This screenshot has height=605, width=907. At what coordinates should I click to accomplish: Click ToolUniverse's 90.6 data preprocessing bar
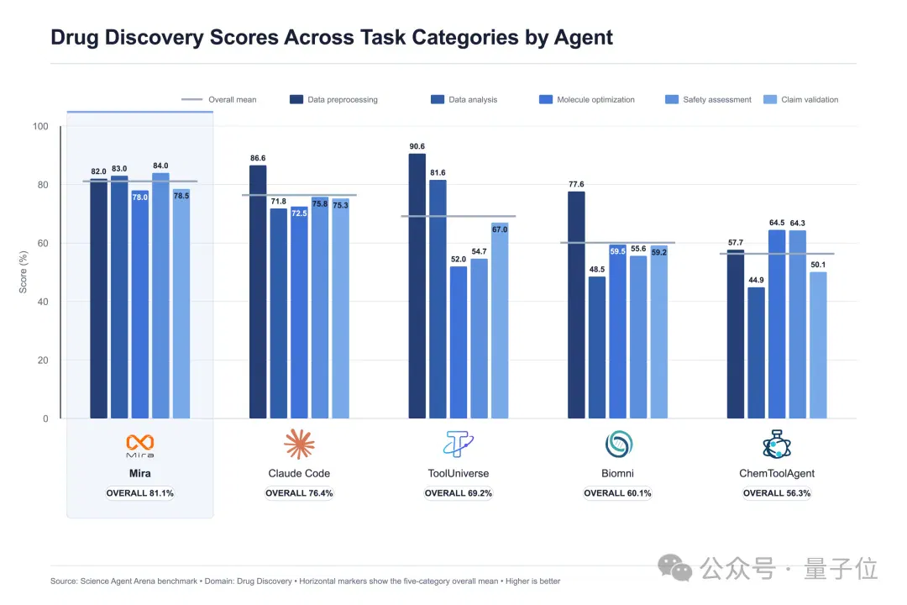pyautogui.click(x=417, y=286)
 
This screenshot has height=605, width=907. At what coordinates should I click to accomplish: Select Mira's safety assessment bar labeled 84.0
pyautogui.click(x=160, y=296)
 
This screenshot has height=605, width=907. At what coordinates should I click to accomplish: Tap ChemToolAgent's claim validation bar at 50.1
pyautogui.click(x=818, y=345)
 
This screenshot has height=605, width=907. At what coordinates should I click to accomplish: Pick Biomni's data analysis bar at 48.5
pyautogui.click(x=597, y=347)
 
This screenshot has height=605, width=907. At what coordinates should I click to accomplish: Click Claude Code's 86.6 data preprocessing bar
pyautogui.click(x=258, y=292)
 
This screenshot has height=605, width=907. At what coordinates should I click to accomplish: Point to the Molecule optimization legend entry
pyautogui.click(x=586, y=100)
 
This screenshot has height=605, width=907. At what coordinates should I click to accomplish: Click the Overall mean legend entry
pyautogui.click(x=218, y=100)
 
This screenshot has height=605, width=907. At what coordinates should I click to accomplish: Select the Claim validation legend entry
pyautogui.click(x=800, y=100)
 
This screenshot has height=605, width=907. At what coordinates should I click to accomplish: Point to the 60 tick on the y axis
pyautogui.click(x=43, y=243)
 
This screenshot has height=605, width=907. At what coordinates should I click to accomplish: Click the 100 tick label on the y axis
pyautogui.click(x=40, y=126)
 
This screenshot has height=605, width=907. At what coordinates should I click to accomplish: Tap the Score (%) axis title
pyautogui.click(x=24, y=272)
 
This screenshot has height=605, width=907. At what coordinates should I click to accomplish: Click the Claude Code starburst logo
pyautogui.click(x=299, y=444)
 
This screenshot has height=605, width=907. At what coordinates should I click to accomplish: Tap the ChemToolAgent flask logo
pyautogui.click(x=777, y=444)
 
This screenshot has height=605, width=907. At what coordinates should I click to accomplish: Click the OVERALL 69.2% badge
pyautogui.click(x=459, y=493)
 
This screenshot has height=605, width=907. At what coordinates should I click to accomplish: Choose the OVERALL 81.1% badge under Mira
pyautogui.click(x=140, y=493)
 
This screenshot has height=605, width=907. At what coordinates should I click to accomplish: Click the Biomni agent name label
pyautogui.click(x=618, y=474)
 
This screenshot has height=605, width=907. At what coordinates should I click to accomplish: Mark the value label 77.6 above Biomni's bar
pyautogui.click(x=576, y=185)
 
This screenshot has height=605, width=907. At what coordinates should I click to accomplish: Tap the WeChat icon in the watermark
pyautogui.click(x=674, y=567)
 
